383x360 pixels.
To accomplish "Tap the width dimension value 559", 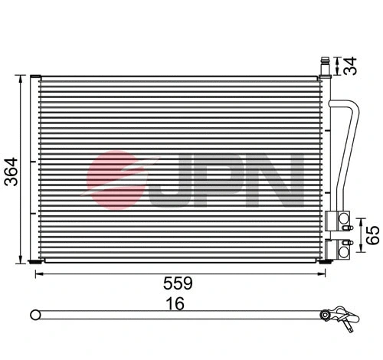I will pyautogui.click(x=177, y=283).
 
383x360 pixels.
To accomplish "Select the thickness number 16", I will pyautogui.click(x=177, y=304).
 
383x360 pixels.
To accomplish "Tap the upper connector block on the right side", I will pyautogui.click(x=336, y=221).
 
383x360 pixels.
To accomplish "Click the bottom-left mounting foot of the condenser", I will pyautogui.click(x=34, y=262).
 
